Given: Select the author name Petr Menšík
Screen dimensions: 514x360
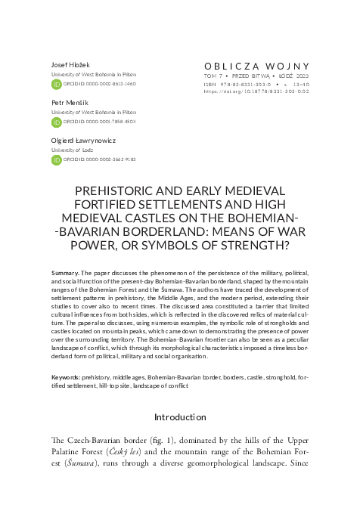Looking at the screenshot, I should pos(67,102).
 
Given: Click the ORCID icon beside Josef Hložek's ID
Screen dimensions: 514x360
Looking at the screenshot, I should pos(56,85).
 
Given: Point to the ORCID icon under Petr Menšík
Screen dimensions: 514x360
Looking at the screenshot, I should pos(56,122).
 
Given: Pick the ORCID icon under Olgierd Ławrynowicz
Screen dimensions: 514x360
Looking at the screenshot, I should pos(56,159).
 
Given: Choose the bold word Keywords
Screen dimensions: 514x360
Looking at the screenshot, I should pos(67,376).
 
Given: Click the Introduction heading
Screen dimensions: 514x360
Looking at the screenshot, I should pos(180,417).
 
